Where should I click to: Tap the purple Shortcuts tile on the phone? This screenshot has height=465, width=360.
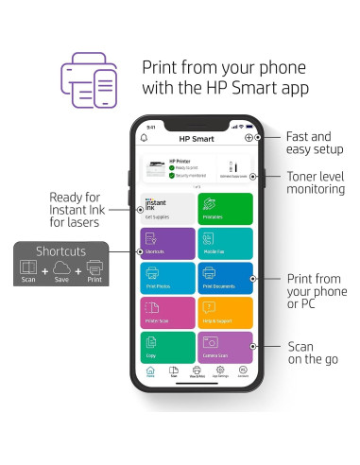(167, 243)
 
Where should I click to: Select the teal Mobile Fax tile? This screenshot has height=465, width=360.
(226, 243)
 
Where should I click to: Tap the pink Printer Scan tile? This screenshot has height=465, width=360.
(167, 313)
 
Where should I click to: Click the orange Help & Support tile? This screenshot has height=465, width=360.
(226, 313)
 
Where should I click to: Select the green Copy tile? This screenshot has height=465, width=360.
(167, 347)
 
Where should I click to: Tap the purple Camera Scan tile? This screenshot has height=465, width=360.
(226, 347)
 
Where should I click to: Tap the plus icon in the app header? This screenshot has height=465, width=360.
(249, 138)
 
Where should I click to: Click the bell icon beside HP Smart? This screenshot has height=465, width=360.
(145, 138)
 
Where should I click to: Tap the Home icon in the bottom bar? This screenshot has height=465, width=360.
(150, 371)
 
